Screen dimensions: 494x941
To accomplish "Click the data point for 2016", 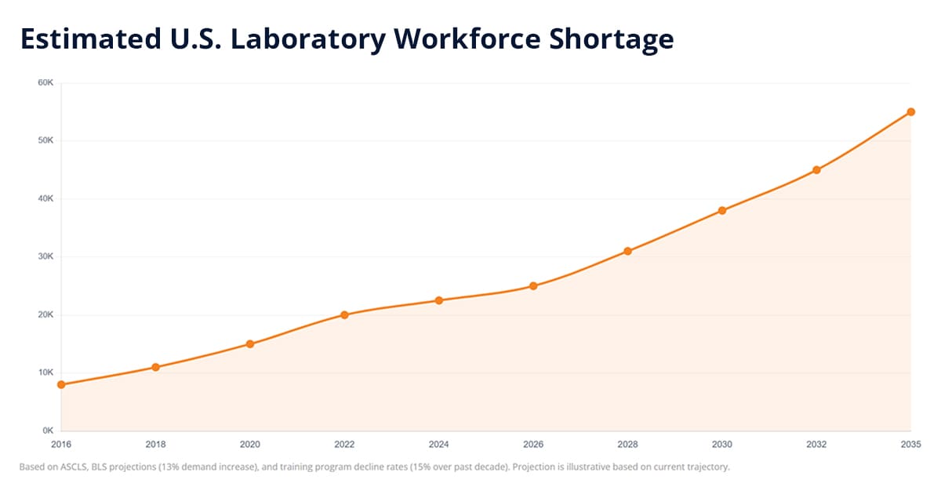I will (x=61, y=384).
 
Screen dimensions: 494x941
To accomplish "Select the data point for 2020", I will (x=250, y=343).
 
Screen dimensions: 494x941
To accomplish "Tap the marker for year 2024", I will (x=439, y=300).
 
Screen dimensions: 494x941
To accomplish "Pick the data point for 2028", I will (x=627, y=251).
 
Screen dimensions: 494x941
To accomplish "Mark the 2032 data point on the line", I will (x=816, y=169).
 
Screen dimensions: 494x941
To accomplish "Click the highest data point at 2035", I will (x=910, y=111).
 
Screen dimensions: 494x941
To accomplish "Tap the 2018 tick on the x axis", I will (x=155, y=444).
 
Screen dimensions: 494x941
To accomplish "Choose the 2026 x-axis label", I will (x=533, y=444).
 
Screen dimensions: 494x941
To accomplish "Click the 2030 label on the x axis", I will (x=721, y=444).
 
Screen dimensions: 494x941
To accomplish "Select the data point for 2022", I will (x=344, y=314).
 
